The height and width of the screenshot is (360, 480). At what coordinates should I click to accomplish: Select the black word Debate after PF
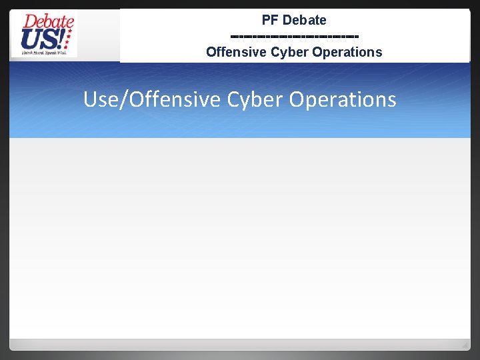tap(304, 20)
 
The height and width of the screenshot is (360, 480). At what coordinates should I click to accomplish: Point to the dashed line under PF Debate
tap(294, 36)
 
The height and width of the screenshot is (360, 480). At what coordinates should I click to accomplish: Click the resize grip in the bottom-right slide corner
tap(465, 345)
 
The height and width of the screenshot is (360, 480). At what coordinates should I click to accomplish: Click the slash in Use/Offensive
tap(122, 99)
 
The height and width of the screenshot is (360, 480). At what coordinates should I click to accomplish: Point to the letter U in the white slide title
tap(91, 99)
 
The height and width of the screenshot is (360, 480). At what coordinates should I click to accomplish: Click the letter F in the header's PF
tap(273, 20)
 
